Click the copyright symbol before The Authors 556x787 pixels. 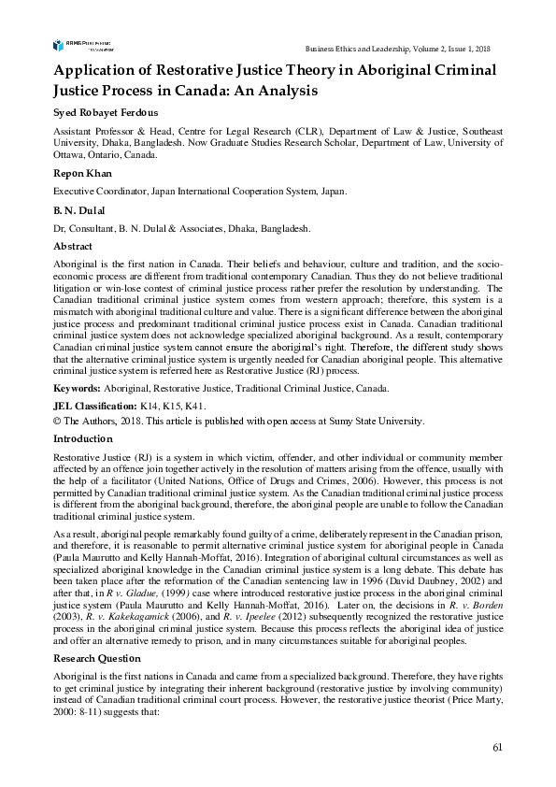click(56, 421)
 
